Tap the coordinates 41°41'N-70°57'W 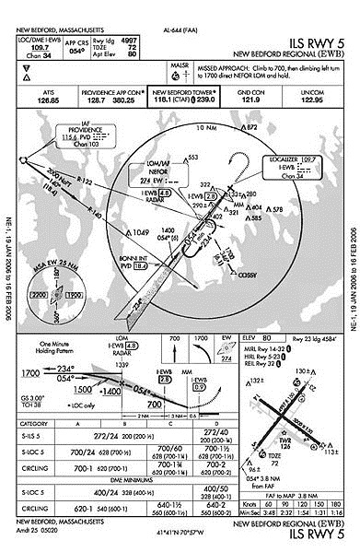(180, 533)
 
